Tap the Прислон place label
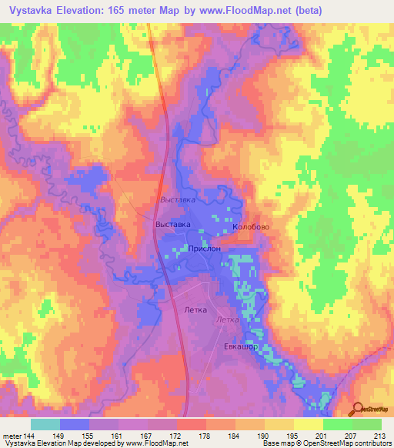[205, 249]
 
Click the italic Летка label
[227, 319]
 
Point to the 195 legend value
[293, 435]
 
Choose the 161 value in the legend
[118, 435]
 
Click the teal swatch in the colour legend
[45, 424]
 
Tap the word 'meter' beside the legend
[12, 435]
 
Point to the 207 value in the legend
[352, 435]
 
